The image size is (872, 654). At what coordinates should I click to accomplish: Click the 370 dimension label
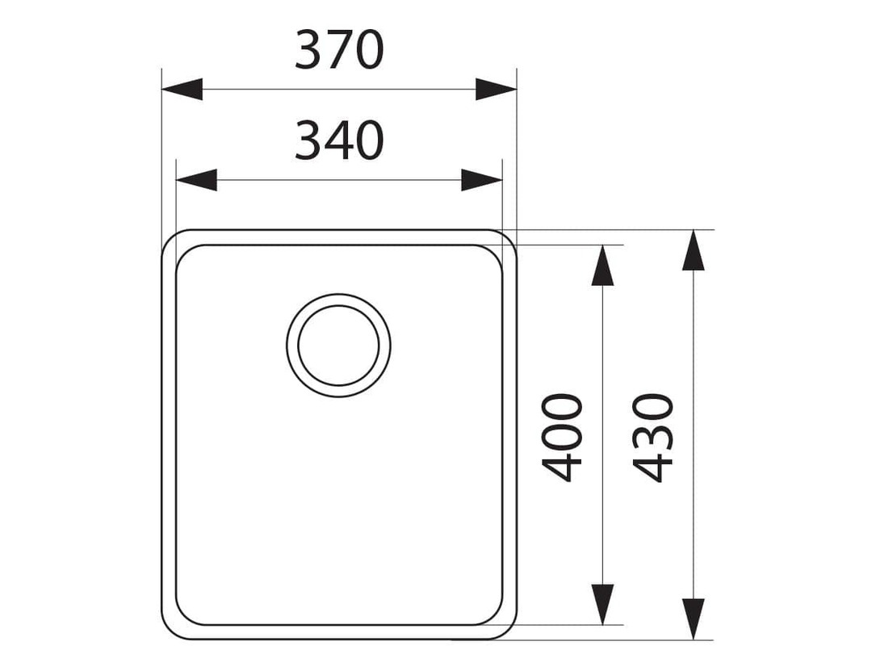tap(338, 50)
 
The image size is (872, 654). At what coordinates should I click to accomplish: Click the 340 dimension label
tap(338, 140)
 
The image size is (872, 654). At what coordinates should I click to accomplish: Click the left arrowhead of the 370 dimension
tap(182, 89)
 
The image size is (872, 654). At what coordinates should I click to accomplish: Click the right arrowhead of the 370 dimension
tap(496, 89)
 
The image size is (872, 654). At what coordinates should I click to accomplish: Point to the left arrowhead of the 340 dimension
tap(196, 180)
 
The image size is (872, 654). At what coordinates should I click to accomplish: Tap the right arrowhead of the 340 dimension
tap(481, 180)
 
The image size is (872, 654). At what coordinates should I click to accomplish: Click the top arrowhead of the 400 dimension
tap(602, 266)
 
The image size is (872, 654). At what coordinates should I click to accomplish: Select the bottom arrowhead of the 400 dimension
tap(602, 605)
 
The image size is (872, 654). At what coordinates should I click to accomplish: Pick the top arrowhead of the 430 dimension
tap(693, 250)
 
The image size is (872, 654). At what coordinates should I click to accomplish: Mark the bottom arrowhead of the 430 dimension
tap(693, 619)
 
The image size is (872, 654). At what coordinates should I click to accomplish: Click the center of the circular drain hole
tap(338, 346)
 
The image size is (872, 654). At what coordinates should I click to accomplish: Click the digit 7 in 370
tap(338, 50)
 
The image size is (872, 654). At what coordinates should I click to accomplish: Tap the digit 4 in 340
tap(338, 140)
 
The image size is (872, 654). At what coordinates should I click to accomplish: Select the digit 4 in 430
tap(653, 467)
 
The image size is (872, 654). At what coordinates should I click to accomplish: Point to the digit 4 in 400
tap(562, 467)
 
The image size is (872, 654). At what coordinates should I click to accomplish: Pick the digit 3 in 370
tap(308, 50)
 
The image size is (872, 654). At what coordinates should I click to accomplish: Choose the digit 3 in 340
tap(308, 140)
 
